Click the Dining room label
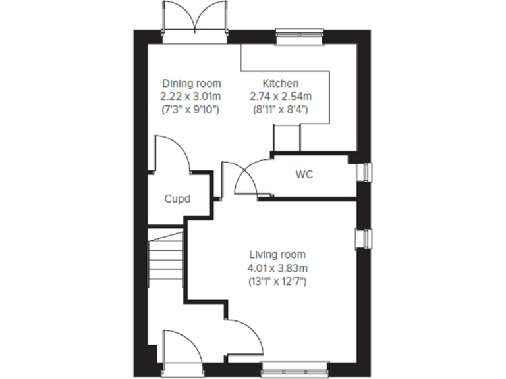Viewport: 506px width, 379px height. click(192, 84)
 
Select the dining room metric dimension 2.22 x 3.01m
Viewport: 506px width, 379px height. click(192, 96)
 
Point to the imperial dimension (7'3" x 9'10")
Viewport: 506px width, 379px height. click(192, 109)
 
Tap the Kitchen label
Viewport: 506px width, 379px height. click(281, 84)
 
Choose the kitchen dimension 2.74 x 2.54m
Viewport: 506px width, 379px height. click(281, 96)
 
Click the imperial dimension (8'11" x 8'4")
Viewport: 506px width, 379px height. click(281, 109)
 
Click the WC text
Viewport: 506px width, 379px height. click(304, 175)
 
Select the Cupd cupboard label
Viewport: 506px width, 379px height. click(177, 198)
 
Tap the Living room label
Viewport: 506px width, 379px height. click(277, 255)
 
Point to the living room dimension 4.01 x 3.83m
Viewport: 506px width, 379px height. click(277, 268)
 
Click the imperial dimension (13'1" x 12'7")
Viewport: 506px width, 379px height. click(277, 281)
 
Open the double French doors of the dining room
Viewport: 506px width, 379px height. click(195, 20)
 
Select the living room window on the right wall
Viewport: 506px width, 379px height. click(364, 238)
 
